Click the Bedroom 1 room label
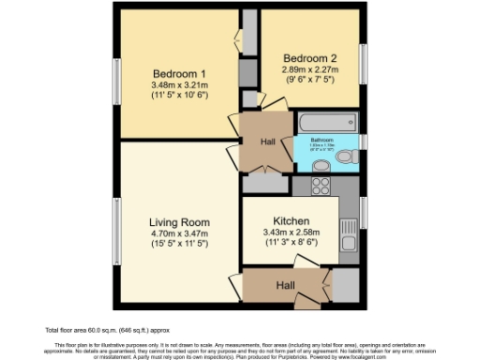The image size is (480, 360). pyautogui.click(x=179, y=74)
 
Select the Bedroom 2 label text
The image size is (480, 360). pyautogui.click(x=308, y=56)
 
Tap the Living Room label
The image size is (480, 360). pyautogui.click(x=179, y=222)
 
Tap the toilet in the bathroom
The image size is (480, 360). pyautogui.click(x=350, y=156)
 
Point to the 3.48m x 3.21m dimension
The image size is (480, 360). pyautogui.click(x=179, y=86)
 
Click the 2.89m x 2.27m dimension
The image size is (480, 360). pyautogui.click(x=308, y=67)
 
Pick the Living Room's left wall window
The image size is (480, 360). pyautogui.click(x=116, y=225)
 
